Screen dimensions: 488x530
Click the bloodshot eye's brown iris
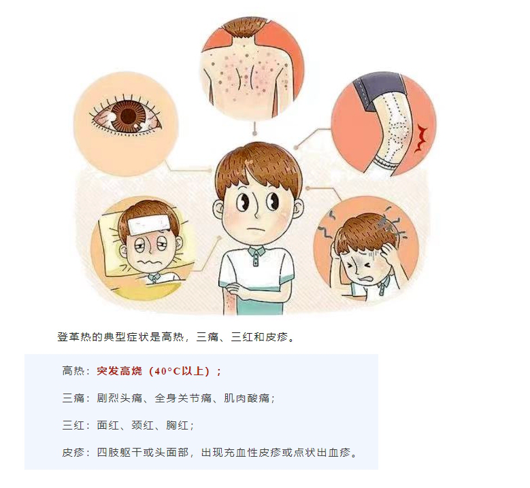[127, 116]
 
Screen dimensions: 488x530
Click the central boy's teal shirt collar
[254, 254]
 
